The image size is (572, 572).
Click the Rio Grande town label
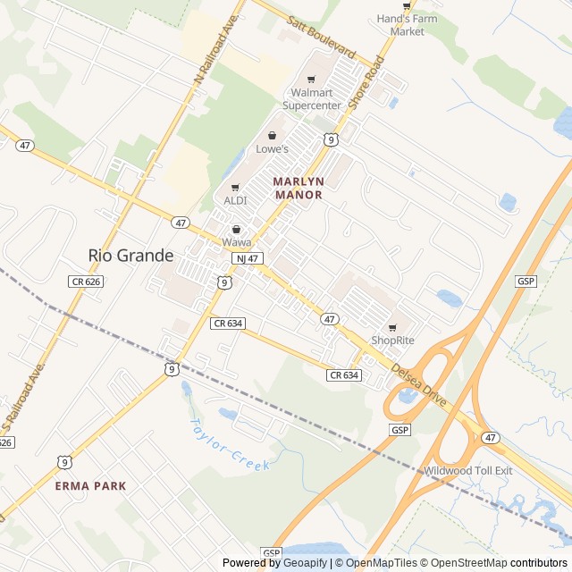(131, 256)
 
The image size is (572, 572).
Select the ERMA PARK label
(90, 485)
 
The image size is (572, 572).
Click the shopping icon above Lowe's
(273, 136)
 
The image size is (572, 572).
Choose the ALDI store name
(235, 200)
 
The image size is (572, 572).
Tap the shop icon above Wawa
(237, 229)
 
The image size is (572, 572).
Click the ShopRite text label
(392, 341)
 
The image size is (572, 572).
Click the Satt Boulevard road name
(322, 36)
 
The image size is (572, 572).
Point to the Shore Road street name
(366, 83)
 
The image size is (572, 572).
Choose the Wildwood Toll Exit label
(468, 471)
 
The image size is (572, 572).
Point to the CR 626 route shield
(83, 282)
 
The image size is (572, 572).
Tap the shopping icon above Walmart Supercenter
(311, 80)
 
